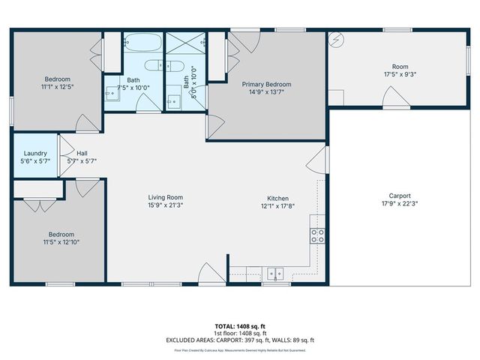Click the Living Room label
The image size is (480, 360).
click(165, 197)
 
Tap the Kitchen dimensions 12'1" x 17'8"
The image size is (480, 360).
click(278, 205)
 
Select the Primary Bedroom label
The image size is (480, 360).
click(266, 85)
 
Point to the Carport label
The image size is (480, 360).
click(399, 196)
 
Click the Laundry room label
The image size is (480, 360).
click(35, 153)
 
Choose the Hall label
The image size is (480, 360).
click(81, 153)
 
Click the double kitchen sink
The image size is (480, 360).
click(277, 273)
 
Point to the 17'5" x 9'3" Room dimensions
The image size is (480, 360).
click(399, 74)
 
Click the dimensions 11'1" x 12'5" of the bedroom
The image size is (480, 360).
click(57, 87)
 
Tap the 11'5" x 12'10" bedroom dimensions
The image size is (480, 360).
click(61, 242)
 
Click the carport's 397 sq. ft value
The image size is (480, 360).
click(255, 340)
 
